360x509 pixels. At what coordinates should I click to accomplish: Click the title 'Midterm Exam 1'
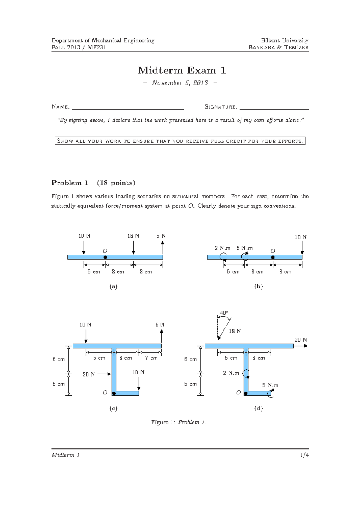click(x=181, y=70)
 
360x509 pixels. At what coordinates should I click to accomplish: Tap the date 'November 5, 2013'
click(x=180, y=83)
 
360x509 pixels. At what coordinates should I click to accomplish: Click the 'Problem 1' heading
click(x=70, y=183)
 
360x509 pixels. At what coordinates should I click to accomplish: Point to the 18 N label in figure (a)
click(x=133, y=236)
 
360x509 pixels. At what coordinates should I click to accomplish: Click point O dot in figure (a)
click(x=105, y=257)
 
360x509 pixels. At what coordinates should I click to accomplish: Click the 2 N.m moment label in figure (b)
click(x=222, y=248)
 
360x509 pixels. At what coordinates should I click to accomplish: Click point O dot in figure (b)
click(x=273, y=257)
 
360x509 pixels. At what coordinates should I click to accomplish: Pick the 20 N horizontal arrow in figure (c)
click(x=104, y=374)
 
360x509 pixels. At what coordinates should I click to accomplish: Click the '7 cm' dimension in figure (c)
click(x=151, y=358)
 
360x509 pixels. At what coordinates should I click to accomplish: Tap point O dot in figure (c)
click(x=114, y=393)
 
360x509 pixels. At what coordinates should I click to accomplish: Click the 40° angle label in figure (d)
click(x=224, y=313)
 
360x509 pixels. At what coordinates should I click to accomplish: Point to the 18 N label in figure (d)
click(x=235, y=331)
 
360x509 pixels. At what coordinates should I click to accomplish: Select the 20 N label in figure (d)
click(x=300, y=340)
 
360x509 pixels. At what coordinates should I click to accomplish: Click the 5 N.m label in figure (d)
click(x=270, y=385)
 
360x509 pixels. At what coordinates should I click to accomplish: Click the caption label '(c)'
click(x=113, y=408)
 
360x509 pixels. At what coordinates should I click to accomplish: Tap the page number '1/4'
click(x=304, y=455)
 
